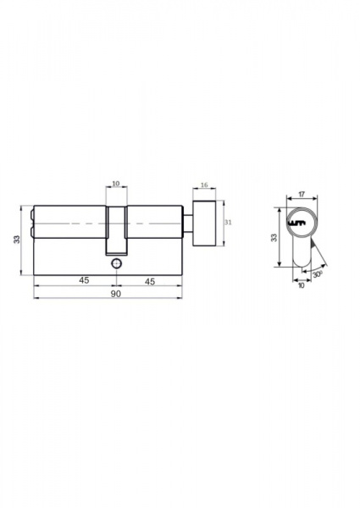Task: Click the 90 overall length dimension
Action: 116,294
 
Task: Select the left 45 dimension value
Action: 84,280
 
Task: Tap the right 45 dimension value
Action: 150,281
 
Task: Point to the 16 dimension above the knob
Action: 204,185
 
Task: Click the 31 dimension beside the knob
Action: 228,223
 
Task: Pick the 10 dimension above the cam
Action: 116,184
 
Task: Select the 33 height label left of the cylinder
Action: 17,239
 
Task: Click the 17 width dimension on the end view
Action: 302,195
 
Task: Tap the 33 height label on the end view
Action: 274,237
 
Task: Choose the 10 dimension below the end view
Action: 302,286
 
